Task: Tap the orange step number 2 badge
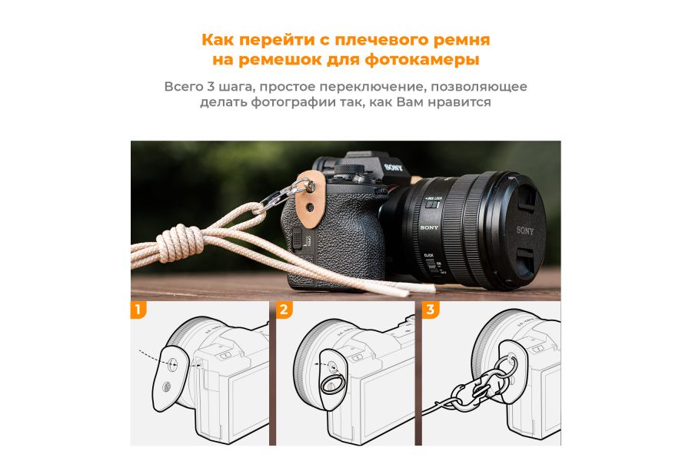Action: (284, 310)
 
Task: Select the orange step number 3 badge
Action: (429, 310)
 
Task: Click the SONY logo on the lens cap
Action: (525, 230)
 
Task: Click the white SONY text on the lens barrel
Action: (430, 228)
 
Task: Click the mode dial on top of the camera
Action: (348, 170)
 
